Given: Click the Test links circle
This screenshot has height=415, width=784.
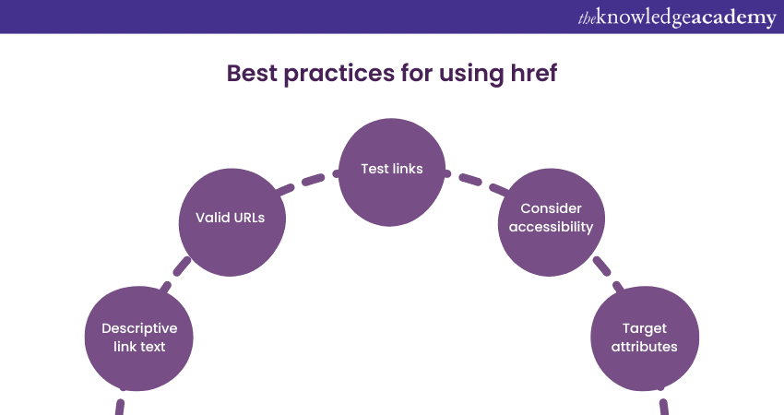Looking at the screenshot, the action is (x=392, y=172).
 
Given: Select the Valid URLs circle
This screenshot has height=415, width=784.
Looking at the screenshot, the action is (x=232, y=222).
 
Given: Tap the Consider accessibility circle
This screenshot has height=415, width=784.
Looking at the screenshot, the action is (x=552, y=222).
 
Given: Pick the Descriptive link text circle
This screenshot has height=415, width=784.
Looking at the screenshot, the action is (x=139, y=338).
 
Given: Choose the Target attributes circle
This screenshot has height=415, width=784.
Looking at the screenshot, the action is (x=645, y=338).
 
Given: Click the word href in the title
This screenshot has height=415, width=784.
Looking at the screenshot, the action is (x=533, y=73).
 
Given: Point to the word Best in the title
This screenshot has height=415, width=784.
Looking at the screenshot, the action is (x=252, y=73).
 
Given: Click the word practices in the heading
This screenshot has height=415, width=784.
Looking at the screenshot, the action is (x=339, y=74).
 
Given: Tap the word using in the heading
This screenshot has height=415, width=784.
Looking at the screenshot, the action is (x=471, y=75).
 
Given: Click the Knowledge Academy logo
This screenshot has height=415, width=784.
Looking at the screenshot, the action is (x=677, y=18).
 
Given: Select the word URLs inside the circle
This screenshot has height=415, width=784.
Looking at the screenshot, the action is (x=247, y=218).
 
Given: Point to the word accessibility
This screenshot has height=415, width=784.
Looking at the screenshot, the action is (x=551, y=227).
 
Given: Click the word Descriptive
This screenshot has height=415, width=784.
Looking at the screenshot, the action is (x=139, y=328).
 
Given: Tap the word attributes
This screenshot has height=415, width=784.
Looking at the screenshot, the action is (x=645, y=347).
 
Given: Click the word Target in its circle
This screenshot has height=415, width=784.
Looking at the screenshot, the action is (x=645, y=328).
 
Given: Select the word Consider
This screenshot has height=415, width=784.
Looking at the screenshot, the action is (x=551, y=208).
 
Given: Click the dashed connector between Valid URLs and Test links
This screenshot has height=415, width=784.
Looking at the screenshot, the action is (x=307, y=181).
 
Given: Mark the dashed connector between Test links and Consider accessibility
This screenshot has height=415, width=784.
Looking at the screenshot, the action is (x=476, y=181).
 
